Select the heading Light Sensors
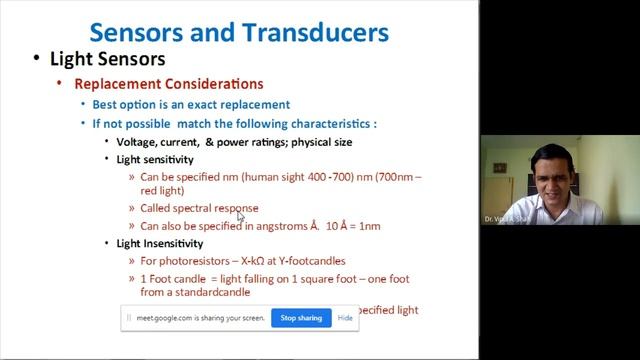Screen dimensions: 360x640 click(108, 60)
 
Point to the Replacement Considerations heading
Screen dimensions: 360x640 click(169, 84)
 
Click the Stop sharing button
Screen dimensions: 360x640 click(301, 318)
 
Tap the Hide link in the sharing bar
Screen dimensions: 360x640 click(345, 318)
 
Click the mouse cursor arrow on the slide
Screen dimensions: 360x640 click(240, 215)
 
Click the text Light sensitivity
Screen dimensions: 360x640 click(155, 160)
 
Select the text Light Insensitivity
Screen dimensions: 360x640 click(160, 243)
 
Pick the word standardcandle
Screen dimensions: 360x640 click(208, 293)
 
